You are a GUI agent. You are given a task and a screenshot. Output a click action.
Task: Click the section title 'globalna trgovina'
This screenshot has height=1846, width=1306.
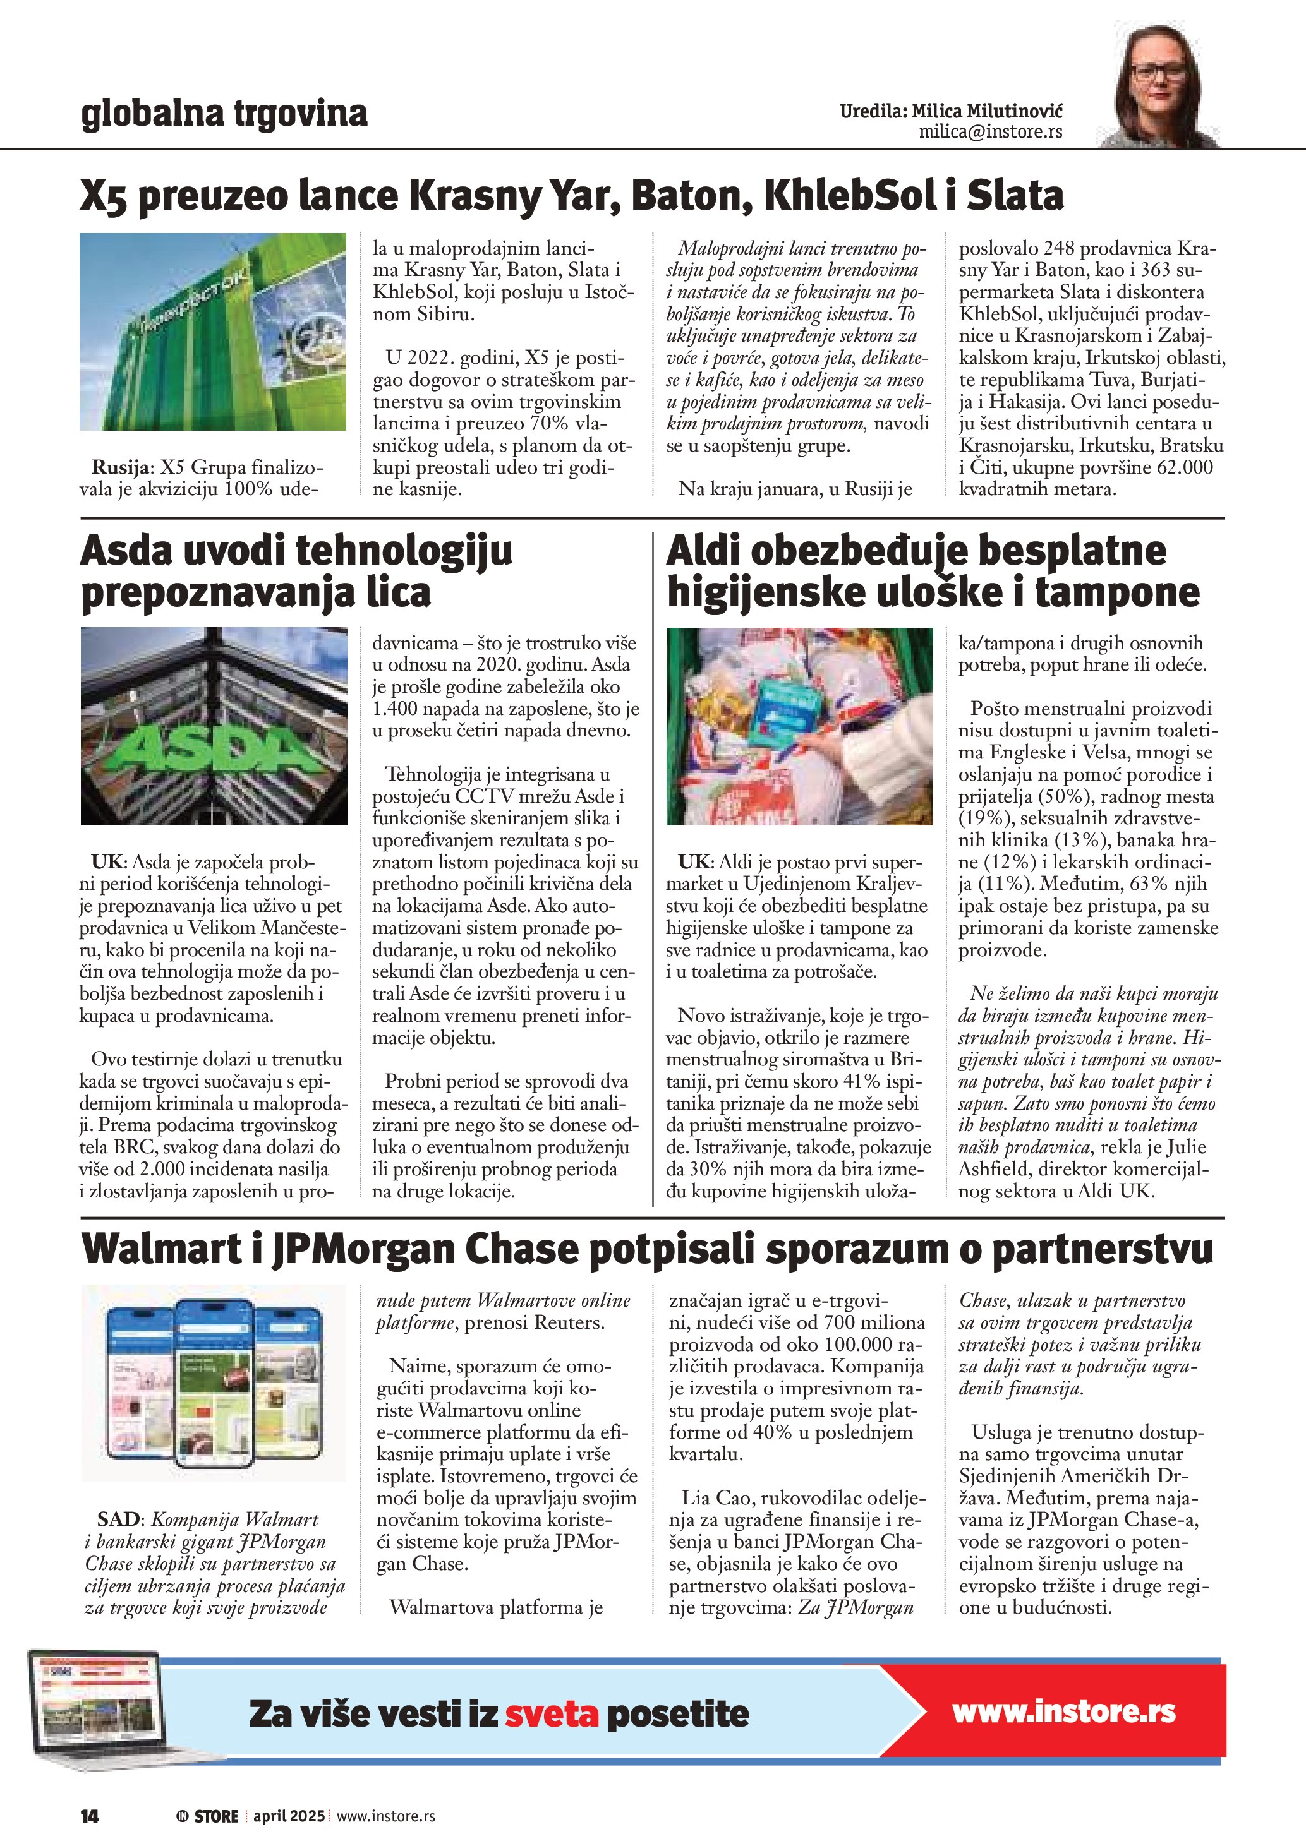(x=224, y=114)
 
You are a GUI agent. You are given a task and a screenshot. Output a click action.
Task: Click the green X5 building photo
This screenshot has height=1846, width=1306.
(x=213, y=332)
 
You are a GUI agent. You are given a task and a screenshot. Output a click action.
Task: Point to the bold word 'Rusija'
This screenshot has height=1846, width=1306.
(x=120, y=467)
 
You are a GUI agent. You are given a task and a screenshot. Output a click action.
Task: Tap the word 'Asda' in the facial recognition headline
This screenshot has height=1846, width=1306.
(x=126, y=551)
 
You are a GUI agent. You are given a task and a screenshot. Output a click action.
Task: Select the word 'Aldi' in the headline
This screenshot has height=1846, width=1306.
(x=702, y=551)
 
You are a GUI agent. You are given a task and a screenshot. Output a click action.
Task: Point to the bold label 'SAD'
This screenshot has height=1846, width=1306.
(x=119, y=1519)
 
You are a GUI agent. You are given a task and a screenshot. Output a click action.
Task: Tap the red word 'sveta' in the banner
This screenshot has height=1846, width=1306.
(x=552, y=1713)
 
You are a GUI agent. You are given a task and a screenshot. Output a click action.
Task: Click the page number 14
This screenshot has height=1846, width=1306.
(x=89, y=1816)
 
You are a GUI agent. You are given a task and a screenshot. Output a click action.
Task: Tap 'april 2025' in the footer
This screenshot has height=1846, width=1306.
(x=289, y=1816)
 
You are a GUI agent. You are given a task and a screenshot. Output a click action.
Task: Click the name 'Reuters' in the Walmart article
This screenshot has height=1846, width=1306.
(x=568, y=1322)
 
